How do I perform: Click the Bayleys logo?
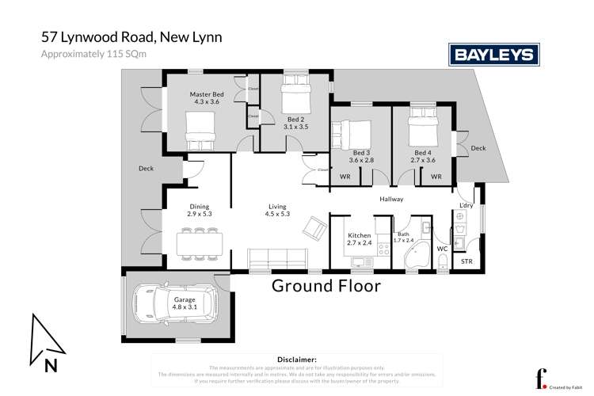click(494, 54)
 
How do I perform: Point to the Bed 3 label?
click(360, 155)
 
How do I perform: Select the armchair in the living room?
click(314, 230)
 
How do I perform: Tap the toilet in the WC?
click(443, 261)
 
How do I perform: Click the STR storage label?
click(466, 260)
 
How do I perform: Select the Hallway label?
click(391, 200)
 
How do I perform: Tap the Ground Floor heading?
click(326, 286)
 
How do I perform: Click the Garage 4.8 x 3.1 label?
click(185, 304)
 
